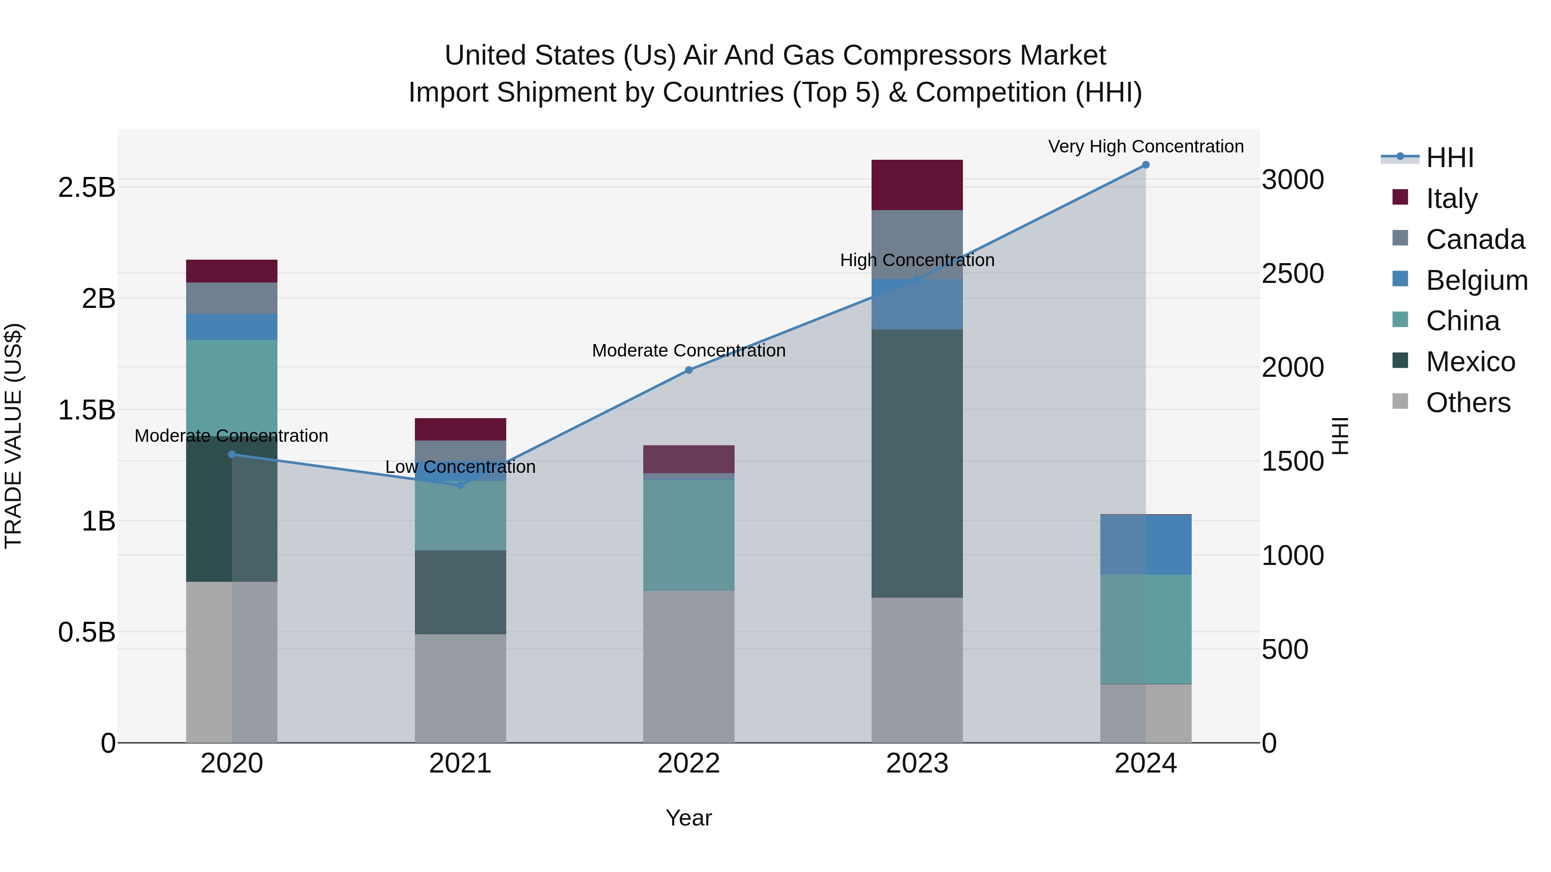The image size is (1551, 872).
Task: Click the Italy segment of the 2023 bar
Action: [x=916, y=185]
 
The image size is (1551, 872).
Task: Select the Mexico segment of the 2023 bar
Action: [x=916, y=463]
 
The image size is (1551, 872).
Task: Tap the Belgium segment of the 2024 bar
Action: [x=1145, y=545]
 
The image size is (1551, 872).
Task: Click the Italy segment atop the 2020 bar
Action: [x=231, y=271]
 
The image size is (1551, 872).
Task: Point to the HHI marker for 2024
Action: [x=1145, y=165]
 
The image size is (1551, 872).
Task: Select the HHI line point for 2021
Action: [x=460, y=485]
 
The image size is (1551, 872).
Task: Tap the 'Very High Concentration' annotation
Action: [x=1145, y=146]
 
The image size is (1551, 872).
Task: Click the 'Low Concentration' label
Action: [x=460, y=467]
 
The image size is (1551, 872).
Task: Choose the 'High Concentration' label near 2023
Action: [x=916, y=260]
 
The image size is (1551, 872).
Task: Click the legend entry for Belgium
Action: [x=1476, y=280]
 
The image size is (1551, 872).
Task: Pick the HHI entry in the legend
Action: [x=1449, y=158]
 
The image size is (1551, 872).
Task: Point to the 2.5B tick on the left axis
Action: [x=86, y=188]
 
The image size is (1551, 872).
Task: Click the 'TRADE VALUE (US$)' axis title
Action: [x=13, y=436]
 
